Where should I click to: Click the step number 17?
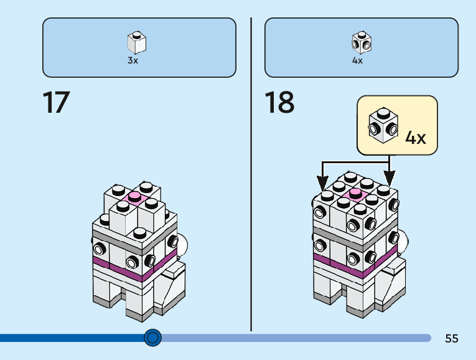(56, 103)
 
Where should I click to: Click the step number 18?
(279, 103)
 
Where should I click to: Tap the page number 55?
(452, 339)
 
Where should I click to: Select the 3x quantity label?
(133, 60)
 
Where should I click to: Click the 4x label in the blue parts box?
(357, 60)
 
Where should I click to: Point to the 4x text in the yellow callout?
(416, 137)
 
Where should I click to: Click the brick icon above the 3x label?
(136, 42)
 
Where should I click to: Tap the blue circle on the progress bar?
(152, 338)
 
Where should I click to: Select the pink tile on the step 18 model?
(355, 192)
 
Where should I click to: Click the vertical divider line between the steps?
(251, 187)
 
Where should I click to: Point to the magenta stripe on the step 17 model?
(118, 267)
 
